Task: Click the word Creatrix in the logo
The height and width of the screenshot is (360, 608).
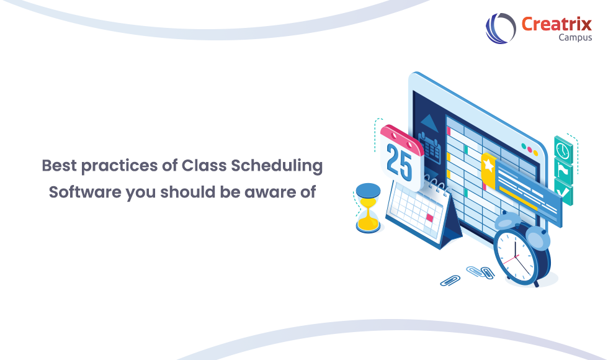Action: tap(557, 24)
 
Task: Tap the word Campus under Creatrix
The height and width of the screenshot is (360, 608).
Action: tap(575, 38)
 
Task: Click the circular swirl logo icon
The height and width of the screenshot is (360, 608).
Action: tap(501, 28)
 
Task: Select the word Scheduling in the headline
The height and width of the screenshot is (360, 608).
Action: tap(277, 166)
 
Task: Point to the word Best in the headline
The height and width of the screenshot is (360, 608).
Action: tap(59, 166)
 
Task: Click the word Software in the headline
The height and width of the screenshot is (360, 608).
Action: tap(85, 192)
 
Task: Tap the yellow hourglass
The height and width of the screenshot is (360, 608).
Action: tap(368, 209)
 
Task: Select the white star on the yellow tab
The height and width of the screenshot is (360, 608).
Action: tap(489, 165)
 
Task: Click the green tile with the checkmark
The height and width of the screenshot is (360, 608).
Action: tap(563, 192)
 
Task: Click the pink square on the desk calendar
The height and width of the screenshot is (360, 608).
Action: tap(429, 218)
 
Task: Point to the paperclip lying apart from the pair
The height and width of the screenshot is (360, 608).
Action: tap(450, 281)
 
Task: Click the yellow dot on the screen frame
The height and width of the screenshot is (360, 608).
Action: tap(536, 153)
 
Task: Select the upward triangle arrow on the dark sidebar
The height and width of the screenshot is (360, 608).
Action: tap(429, 123)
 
